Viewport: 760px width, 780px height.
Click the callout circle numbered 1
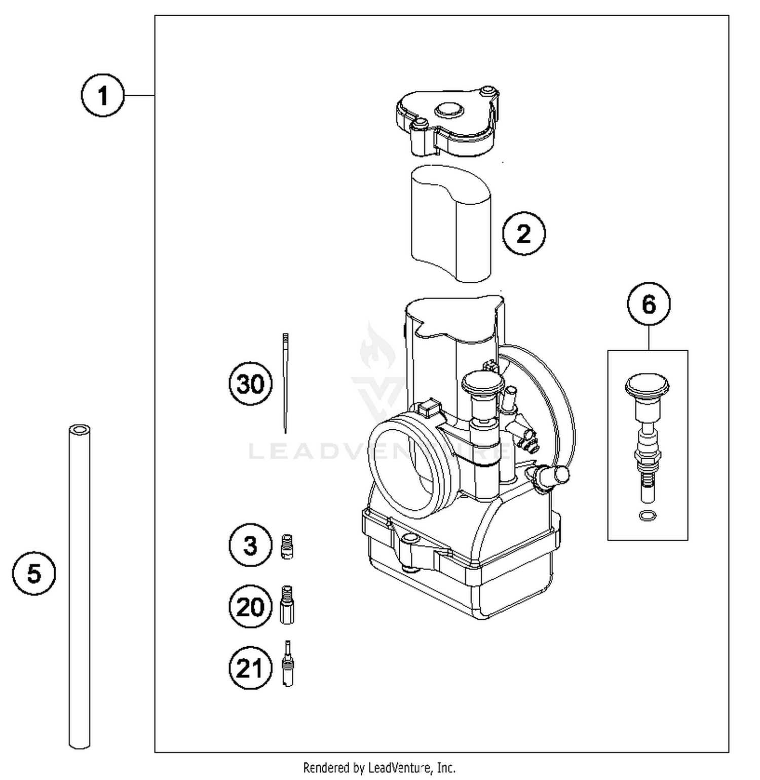click(103, 95)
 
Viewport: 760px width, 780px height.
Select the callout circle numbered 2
click(523, 234)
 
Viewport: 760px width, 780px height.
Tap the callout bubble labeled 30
click(250, 384)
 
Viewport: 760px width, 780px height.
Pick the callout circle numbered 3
click(250, 545)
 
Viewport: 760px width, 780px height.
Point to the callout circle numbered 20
click(250, 607)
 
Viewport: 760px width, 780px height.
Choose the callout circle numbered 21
click(250, 668)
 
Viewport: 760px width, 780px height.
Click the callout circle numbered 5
click(34, 574)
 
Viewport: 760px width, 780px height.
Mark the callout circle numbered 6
click(649, 304)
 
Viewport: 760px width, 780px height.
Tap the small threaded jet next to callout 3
click(287, 547)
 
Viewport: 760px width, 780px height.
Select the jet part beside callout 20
click(287, 605)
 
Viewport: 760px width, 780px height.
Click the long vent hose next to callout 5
click(80, 588)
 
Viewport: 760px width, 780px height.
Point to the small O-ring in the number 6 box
click(648, 516)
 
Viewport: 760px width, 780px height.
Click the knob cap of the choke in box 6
click(647, 385)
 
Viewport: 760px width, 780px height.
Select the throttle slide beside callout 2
click(450, 223)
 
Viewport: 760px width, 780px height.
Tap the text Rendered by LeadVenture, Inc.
click(379, 767)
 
